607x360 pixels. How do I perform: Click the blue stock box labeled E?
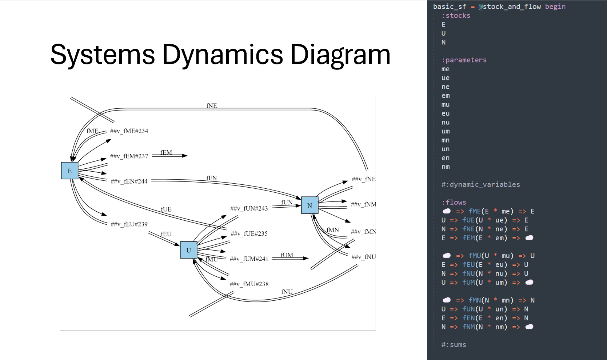(69, 171)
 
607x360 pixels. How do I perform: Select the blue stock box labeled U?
(189, 250)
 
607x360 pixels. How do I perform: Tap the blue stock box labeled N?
(310, 205)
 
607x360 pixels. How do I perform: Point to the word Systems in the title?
(103, 55)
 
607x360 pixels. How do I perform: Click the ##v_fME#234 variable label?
(129, 131)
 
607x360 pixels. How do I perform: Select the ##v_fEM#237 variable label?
(129, 156)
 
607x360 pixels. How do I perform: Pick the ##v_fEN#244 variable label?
(129, 181)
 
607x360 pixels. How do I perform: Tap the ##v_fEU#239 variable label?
(129, 224)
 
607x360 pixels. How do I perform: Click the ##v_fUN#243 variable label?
(249, 208)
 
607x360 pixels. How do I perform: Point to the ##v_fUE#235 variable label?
(249, 233)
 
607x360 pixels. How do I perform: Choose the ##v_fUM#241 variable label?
(249, 259)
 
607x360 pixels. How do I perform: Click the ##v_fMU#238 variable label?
(249, 284)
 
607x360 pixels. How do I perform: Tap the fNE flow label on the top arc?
(212, 106)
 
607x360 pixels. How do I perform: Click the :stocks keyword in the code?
(456, 15)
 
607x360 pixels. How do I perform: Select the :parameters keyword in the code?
(464, 60)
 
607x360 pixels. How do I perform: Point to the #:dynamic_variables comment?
(481, 184)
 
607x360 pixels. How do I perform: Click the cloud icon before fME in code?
(447, 211)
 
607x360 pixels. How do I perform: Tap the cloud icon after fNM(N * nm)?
(529, 327)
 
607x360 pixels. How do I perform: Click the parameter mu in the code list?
(446, 105)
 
